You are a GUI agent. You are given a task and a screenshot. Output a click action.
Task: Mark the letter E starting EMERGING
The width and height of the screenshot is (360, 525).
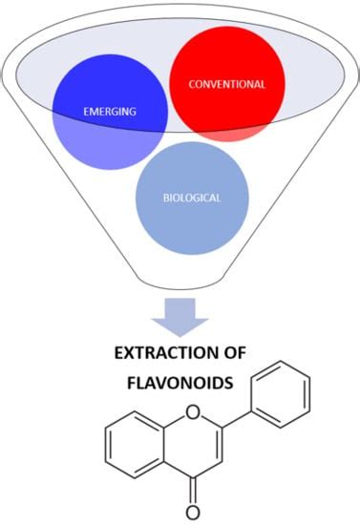(x=87, y=112)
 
